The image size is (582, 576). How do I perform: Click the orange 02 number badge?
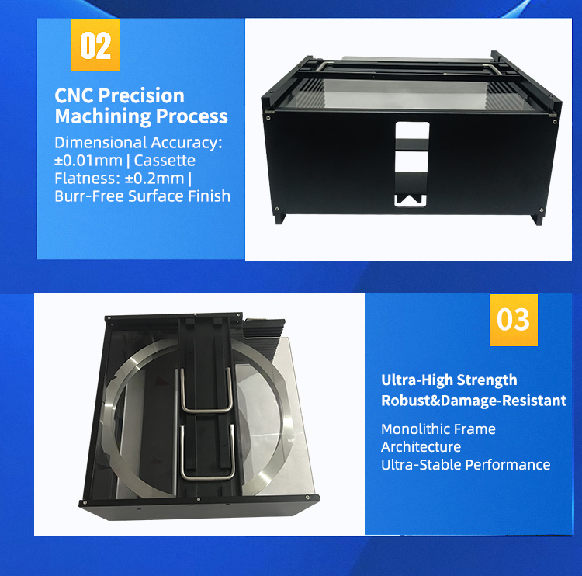96,47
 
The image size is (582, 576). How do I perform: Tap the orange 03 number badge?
513,319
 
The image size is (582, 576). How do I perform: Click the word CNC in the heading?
74,95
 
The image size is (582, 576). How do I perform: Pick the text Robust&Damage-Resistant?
473,401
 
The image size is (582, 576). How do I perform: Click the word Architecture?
421,446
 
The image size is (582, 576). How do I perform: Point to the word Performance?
509,464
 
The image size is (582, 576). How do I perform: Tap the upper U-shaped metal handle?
205,390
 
